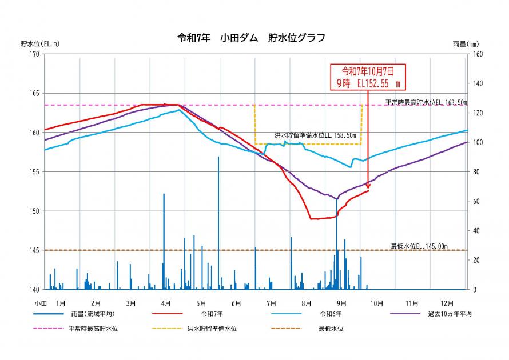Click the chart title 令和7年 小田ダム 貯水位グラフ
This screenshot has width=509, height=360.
click(252, 38)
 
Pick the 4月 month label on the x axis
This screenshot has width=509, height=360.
click(166, 303)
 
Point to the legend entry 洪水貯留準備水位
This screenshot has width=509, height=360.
click(212, 329)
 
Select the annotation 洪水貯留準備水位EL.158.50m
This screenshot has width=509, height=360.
click(315, 135)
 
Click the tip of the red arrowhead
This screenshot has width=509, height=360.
click(368, 190)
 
